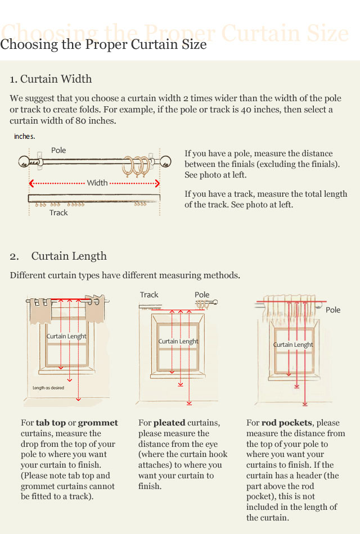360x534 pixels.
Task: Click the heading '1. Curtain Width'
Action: pos(51,79)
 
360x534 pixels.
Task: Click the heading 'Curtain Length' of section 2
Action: pos(69,256)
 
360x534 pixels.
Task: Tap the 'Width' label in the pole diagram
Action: pos(97,183)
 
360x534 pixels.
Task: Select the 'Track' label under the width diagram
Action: pos(58,212)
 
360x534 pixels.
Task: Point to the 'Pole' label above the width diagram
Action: pos(58,150)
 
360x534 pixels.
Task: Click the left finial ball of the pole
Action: pos(24,162)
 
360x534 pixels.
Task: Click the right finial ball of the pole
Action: pos(165,161)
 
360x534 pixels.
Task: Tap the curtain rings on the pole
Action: pos(137,166)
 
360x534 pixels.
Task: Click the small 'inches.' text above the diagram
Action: pos(25,136)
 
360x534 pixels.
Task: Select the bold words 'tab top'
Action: pos(51,423)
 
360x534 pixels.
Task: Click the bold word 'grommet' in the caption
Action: pos(98,423)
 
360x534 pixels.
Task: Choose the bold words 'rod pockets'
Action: pos(286,423)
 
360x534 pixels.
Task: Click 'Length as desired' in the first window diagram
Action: pos(48,388)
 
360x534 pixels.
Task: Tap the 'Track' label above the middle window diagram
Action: pos(149,295)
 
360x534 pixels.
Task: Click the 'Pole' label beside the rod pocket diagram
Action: pos(333,310)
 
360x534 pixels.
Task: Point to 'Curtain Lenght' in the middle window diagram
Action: pos(178,341)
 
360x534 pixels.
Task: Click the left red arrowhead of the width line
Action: pos(31,183)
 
